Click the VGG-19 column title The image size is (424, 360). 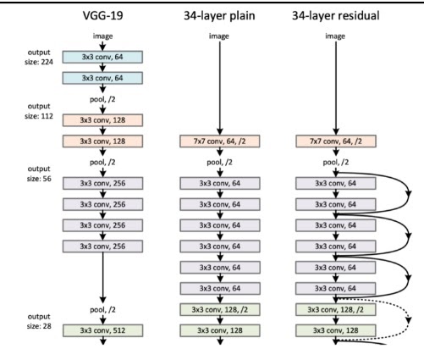(103, 15)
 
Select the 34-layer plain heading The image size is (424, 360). (219, 16)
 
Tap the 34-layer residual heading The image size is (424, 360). (335, 16)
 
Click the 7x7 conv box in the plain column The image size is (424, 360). (220, 141)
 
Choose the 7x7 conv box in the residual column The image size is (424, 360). (336, 141)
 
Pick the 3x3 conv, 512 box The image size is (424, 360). (102, 330)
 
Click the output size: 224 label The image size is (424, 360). (39, 57)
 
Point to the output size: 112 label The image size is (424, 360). (39, 111)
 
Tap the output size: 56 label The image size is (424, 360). (39, 174)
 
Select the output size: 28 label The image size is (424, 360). (39, 321)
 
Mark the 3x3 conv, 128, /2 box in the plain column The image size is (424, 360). (220, 310)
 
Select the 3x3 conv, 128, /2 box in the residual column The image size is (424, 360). (336, 310)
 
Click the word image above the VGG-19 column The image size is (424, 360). (102, 36)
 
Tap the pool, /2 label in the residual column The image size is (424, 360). (336, 163)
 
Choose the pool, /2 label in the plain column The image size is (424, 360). (219, 163)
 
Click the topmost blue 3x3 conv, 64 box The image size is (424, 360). (102, 57)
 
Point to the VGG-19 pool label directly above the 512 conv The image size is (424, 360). (102, 310)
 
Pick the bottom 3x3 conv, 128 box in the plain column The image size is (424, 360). (220, 330)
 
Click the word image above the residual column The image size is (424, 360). (335, 36)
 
